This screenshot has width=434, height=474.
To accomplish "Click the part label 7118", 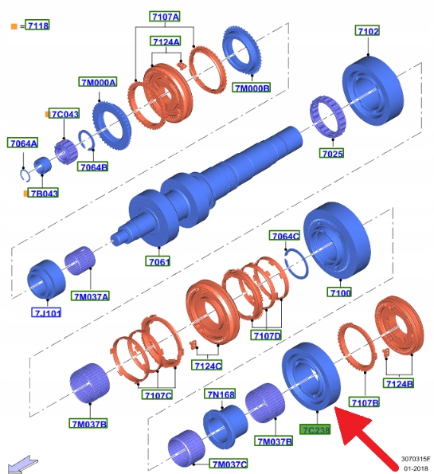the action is pyautogui.click(x=37, y=25).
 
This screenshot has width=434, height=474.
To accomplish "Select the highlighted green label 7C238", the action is pyautogui.click(x=315, y=429).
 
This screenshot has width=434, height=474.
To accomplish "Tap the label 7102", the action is pyautogui.click(x=368, y=31).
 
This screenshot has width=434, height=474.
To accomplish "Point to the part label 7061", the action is pyautogui.click(x=158, y=261).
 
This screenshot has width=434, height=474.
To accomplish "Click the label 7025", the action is pyautogui.click(x=332, y=153).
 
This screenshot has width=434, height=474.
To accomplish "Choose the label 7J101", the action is pyautogui.click(x=46, y=312).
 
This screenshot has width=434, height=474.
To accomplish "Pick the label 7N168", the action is pyautogui.click(x=221, y=394).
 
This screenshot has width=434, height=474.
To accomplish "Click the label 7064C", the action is pyautogui.click(x=285, y=236).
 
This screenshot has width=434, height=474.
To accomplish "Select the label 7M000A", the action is pyautogui.click(x=98, y=82).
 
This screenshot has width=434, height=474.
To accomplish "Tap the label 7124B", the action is pyautogui.click(x=399, y=384).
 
